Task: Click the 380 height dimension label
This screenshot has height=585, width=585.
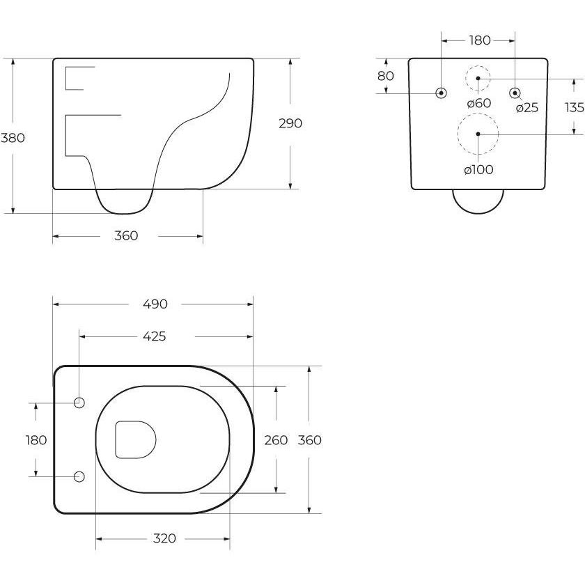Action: coord(13,138)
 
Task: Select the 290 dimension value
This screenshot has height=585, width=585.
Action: coord(290,123)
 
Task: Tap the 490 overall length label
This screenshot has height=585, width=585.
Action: coord(155,304)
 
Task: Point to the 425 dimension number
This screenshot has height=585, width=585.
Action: coord(155,336)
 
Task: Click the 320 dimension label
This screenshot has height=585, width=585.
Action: coord(164,538)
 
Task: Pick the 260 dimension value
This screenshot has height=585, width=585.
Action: coord(276,440)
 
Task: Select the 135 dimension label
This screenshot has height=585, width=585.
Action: coord(574,107)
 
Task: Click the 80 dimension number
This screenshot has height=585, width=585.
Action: coord(385,76)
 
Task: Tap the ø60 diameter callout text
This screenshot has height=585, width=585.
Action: coord(479,103)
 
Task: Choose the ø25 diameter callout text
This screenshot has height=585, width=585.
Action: coord(527,108)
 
